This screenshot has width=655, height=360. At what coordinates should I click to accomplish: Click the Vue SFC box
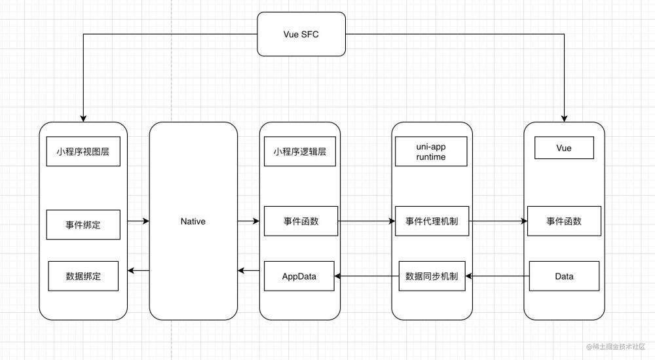click(301, 33)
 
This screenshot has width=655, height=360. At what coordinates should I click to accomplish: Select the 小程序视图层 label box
click(83, 152)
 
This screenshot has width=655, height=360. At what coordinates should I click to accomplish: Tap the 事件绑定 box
click(83, 225)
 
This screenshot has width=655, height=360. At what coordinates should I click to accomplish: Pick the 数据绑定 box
click(83, 276)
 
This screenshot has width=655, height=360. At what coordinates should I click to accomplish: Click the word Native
click(193, 221)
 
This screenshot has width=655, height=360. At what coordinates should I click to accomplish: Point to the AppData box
click(299, 276)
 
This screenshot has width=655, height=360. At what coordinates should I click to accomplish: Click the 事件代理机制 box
click(432, 222)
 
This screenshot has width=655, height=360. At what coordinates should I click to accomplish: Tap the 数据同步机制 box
click(432, 276)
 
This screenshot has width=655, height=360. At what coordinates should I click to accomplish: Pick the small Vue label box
click(564, 148)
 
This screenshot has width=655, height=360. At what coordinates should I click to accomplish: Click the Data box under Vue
click(564, 276)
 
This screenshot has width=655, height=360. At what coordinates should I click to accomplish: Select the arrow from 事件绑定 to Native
click(138, 222)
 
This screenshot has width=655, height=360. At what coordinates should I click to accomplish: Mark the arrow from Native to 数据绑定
click(138, 270)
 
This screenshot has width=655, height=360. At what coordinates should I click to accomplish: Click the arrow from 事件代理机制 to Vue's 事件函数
click(498, 222)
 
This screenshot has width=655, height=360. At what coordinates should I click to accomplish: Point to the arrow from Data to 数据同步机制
click(498, 276)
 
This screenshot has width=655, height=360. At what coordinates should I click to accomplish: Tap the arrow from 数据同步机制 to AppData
click(367, 276)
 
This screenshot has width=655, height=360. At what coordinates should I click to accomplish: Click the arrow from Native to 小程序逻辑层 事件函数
click(248, 222)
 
